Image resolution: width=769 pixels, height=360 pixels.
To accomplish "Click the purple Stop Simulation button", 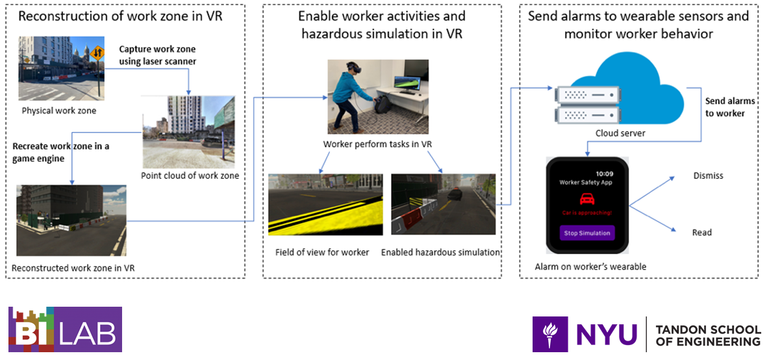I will [x=587, y=233].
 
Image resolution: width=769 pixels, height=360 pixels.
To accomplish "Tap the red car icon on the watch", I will [x=587, y=200].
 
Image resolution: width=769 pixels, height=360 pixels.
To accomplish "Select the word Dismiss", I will [x=708, y=175].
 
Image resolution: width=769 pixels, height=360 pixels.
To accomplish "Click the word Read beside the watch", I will [x=701, y=233].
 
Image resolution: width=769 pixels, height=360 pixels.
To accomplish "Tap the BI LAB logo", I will [x=64, y=330].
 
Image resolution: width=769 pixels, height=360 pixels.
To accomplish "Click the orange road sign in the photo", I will [x=97, y=53].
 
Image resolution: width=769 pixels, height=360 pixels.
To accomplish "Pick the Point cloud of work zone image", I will [x=189, y=132].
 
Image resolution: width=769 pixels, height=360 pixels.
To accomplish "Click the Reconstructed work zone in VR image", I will [x=71, y=220].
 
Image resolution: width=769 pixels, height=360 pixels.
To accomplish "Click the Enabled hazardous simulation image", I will [x=443, y=205].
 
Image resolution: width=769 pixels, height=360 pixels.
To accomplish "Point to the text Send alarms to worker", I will [x=730, y=107].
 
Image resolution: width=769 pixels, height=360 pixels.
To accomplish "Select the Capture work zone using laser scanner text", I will [x=157, y=55].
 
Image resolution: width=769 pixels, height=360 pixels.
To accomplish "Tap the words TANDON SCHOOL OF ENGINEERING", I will [x=708, y=335].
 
